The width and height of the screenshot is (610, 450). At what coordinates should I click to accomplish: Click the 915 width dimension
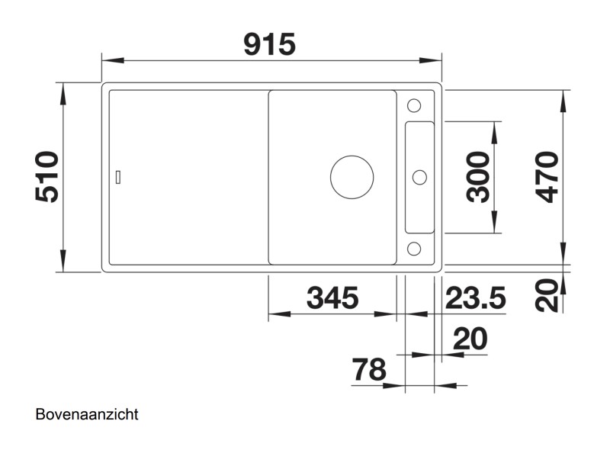pos(269,45)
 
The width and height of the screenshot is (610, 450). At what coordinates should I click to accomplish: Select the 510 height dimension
pos(47,176)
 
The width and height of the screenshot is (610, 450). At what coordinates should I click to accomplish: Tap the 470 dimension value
pos(546,176)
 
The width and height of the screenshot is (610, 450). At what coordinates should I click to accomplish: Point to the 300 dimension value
pos(478,176)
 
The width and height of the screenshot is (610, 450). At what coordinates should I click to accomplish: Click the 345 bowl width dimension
pos(332,298)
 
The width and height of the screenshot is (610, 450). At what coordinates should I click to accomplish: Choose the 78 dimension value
pos(369,371)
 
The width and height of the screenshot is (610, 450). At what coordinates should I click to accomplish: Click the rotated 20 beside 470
pos(546,294)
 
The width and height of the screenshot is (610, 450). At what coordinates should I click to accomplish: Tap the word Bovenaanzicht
pos(86,415)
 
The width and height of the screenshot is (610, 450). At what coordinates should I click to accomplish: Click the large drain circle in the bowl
pos(352,176)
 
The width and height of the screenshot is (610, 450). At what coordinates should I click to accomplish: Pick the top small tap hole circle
pos(414,105)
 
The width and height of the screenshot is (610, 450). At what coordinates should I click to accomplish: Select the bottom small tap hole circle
pos(414,248)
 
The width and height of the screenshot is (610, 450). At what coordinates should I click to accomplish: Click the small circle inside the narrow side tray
pos(419,177)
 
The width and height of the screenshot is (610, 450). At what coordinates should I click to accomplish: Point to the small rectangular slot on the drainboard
pos(117,177)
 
